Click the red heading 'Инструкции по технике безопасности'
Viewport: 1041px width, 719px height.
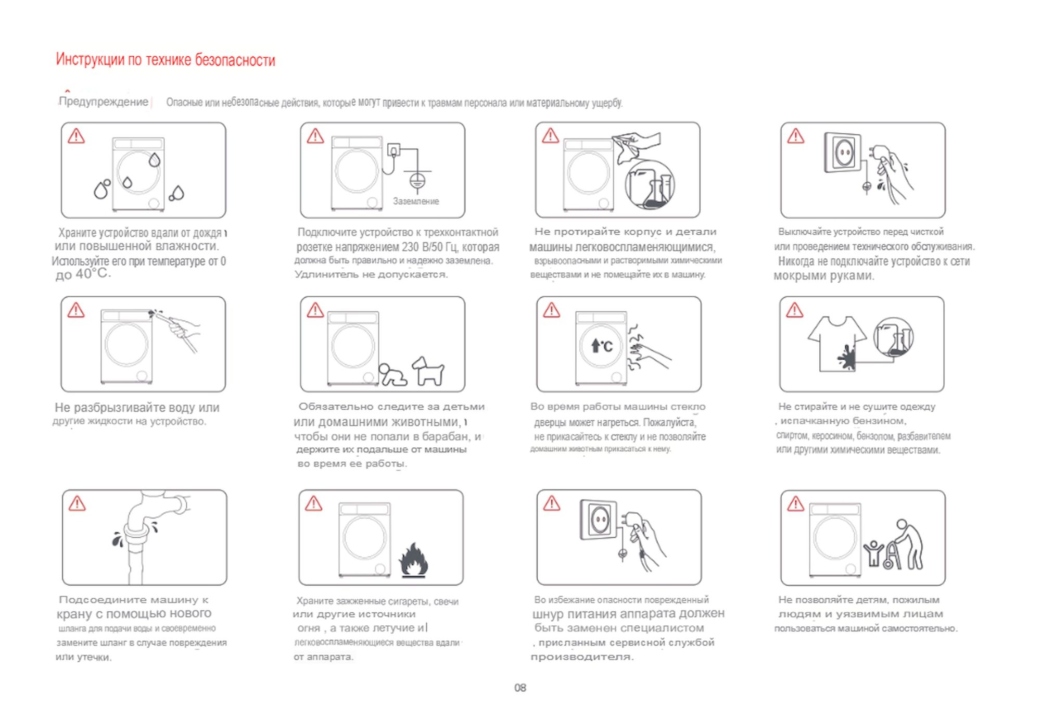coord(165,60)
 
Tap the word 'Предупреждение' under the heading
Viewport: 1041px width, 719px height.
coord(104,102)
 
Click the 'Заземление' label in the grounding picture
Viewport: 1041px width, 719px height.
coord(416,201)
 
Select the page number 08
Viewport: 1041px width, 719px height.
coord(520,688)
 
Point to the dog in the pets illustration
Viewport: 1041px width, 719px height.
coord(428,371)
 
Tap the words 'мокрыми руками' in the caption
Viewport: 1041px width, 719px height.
coord(823,276)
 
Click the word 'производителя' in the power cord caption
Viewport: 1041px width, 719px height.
coord(582,657)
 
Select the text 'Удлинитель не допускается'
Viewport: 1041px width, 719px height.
coord(371,274)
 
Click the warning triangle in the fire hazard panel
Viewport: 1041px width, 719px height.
coord(313,503)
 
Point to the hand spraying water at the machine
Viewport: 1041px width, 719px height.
coord(182,328)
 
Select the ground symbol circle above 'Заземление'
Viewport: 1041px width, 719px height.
coord(417,181)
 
